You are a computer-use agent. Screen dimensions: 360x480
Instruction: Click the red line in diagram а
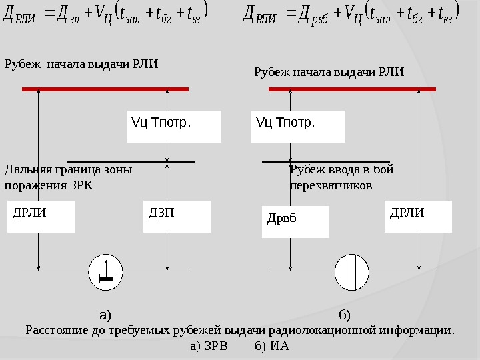(x=105, y=88)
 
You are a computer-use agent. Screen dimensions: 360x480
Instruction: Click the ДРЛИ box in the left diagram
(x=41, y=217)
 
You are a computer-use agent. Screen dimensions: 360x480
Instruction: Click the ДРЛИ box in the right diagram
(x=418, y=217)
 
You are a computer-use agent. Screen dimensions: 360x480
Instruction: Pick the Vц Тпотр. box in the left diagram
(x=173, y=127)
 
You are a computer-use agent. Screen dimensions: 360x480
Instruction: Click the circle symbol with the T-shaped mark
(x=105, y=272)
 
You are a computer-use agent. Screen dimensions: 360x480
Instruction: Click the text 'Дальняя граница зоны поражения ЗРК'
(x=68, y=177)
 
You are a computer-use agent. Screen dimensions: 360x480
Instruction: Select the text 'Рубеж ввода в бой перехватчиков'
(x=341, y=177)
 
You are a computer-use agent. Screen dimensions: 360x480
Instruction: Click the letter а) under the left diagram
(x=105, y=314)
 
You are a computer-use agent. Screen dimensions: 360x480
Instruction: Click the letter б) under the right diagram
(x=345, y=314)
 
